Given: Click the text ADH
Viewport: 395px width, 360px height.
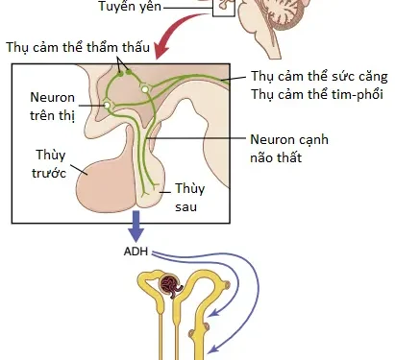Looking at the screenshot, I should click(x=136, y=253).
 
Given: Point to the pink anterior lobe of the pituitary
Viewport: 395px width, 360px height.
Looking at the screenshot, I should click(x=101, y=178).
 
